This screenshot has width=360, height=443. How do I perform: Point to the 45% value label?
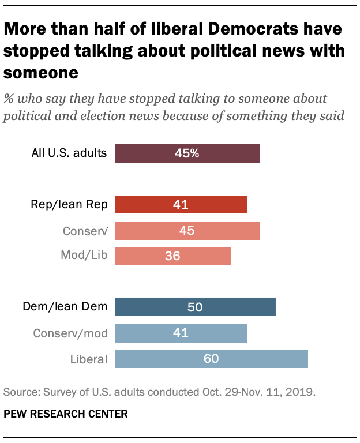(187, 154)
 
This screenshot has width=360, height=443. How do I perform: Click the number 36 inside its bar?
(172, 256)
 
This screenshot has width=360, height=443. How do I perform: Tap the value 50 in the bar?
(195, 307)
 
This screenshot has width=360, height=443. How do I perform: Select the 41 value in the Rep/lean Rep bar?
(181, 205)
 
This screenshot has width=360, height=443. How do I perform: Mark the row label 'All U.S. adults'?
(69, 154)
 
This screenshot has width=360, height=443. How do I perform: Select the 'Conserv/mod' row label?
(70, 333)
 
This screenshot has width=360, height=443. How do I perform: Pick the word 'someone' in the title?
(41, 73)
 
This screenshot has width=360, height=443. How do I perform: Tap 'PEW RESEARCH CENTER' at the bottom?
(66, 414)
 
